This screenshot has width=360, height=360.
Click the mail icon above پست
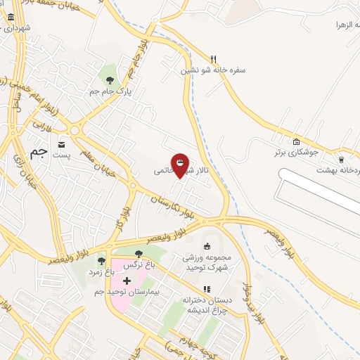63,140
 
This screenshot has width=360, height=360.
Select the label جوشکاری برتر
296,152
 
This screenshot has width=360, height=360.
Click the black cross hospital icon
127,281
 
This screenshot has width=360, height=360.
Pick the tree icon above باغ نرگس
138,254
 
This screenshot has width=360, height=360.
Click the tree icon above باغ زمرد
101,260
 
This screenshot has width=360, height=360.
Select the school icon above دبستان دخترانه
206,289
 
